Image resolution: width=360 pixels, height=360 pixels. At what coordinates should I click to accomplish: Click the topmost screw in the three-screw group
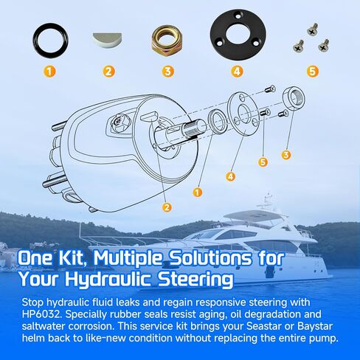[312, 29]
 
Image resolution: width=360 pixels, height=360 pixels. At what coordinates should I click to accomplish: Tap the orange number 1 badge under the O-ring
[49, 72]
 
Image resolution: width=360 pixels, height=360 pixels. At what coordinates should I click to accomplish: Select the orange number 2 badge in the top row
[108, 72]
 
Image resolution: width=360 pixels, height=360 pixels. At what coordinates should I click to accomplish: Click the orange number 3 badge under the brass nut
[168, 72]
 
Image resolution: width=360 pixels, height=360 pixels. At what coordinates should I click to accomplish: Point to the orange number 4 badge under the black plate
[237, 72]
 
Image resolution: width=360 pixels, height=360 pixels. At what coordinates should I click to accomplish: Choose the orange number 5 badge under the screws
[312, 72]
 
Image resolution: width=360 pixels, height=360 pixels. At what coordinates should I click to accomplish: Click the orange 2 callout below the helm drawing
[167, 207]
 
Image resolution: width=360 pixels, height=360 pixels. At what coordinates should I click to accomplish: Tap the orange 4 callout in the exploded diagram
[230, 176]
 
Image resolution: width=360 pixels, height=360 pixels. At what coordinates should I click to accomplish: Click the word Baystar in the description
[315, 326]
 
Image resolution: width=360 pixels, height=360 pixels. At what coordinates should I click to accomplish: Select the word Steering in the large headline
[195, 280]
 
